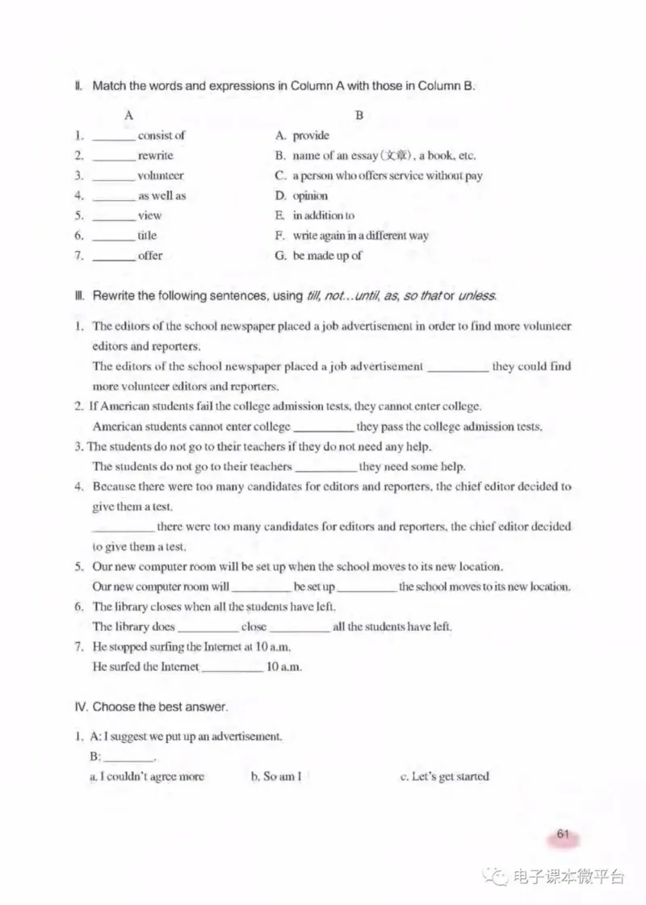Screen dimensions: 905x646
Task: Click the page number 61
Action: click(564, 835)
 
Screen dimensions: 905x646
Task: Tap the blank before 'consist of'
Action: click(113, 136)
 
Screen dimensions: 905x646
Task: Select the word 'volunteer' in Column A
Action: click(160, 176)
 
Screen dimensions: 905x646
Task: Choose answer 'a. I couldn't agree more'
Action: click(146, 777)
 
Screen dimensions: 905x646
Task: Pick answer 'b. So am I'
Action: click(276, 777)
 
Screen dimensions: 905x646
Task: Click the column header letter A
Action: click(128, 115)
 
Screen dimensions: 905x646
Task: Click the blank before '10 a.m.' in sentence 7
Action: click(232, 667)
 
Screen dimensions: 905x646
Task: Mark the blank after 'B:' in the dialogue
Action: click(128, 757)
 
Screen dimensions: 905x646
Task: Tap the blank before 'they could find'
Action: click(457, 367)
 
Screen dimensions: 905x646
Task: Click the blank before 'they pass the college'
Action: click(323, 427)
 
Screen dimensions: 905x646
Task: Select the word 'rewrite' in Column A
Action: click(155, 156)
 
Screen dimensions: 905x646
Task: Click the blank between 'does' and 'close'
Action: click(208, 627)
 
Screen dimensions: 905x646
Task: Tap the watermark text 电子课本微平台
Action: click(569, 877)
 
